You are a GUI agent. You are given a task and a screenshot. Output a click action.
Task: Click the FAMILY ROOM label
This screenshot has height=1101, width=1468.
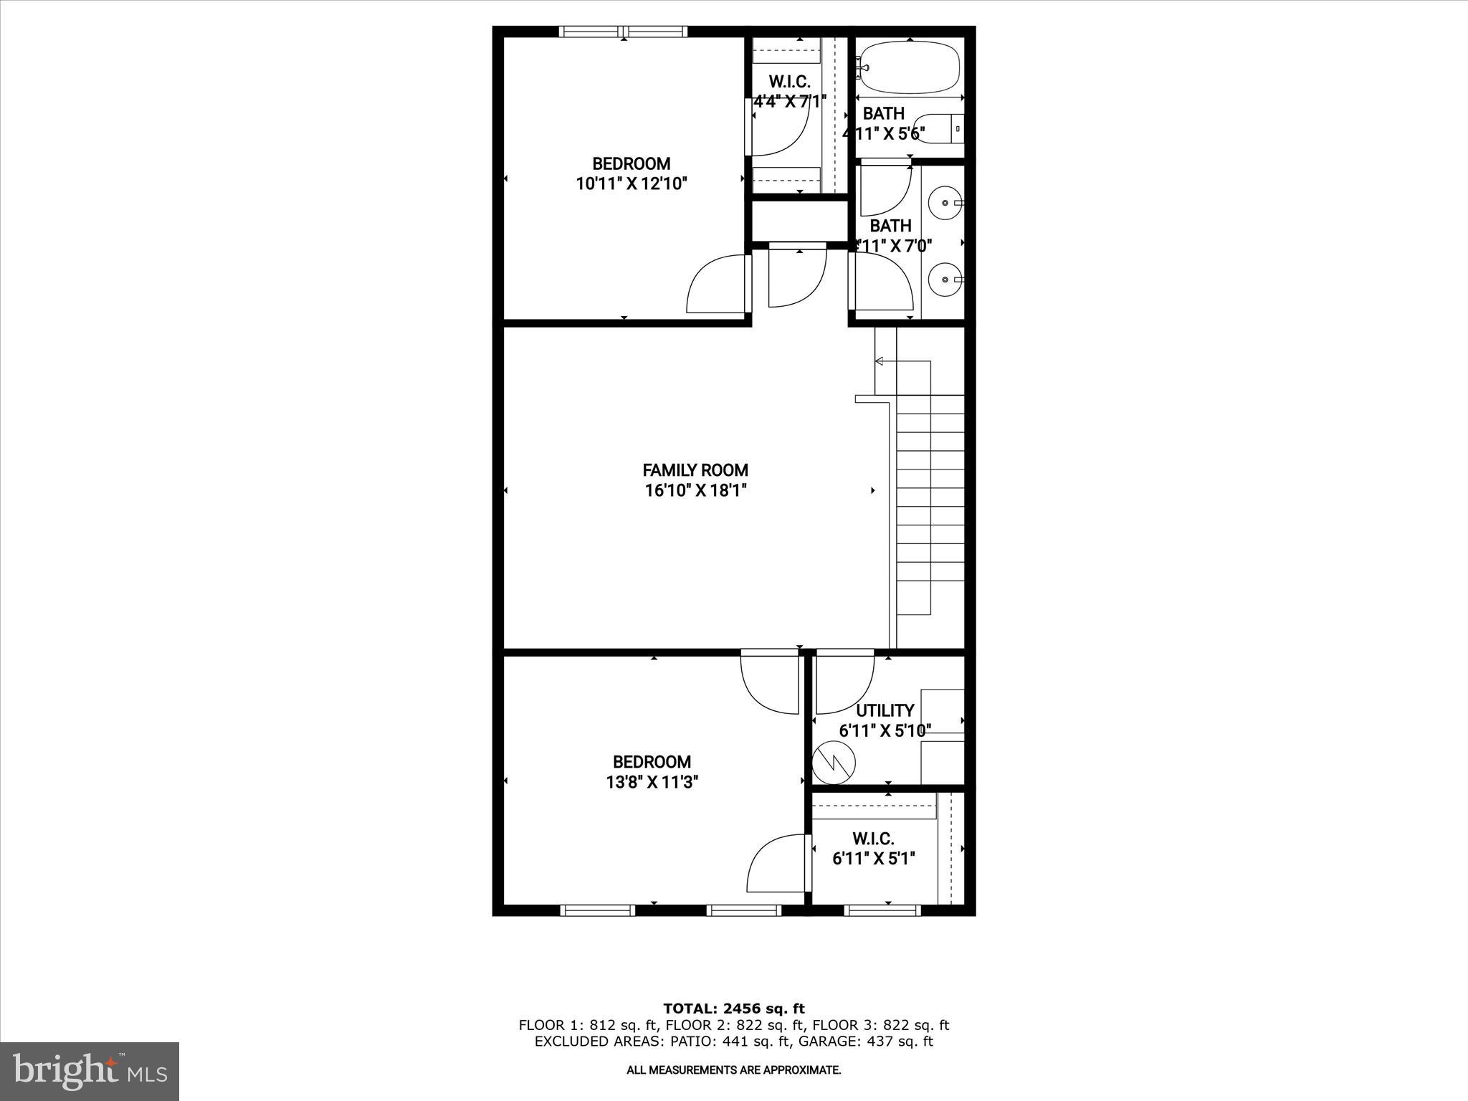pyautogui.click(x=695, y=470)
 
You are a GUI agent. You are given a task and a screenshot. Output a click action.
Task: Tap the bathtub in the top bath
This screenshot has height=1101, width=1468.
pyautogui.click(x=910, y=67)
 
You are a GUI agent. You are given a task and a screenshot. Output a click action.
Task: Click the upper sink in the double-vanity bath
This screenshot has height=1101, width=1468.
pyautogui.click(x=944, y=203)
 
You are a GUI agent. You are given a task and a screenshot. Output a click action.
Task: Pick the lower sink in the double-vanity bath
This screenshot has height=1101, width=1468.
pyautogui.click(x=944, y=278)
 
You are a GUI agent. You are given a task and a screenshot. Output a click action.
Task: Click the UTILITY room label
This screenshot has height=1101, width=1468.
pyautogui.click(x=885, y=710)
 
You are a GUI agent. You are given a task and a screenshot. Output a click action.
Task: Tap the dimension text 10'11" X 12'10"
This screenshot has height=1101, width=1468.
pyautogui.click(x=631, y=184)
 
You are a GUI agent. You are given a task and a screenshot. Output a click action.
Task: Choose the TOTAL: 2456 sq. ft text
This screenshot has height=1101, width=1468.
pyautogui.click(x=733, y=1009)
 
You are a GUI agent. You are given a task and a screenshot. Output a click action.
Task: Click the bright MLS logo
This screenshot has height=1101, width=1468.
pyautogui.click(x=89, y=1071)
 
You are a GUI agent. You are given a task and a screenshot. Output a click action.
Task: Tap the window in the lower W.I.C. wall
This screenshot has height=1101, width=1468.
pyautogui.click(x=882, y=910)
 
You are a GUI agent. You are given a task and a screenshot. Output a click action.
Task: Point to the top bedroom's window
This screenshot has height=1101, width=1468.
pyautogui.click(x=623, y=32)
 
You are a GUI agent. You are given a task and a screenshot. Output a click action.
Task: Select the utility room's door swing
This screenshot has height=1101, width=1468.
pyautogui.click(x=844, y=684)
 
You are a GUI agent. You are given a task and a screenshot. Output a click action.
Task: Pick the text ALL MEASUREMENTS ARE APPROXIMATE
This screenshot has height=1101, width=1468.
pyautogui.click(x=733, y=1070)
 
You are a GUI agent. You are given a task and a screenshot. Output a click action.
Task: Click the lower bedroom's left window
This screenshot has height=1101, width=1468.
pyautogui.click(x=597, y=910)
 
